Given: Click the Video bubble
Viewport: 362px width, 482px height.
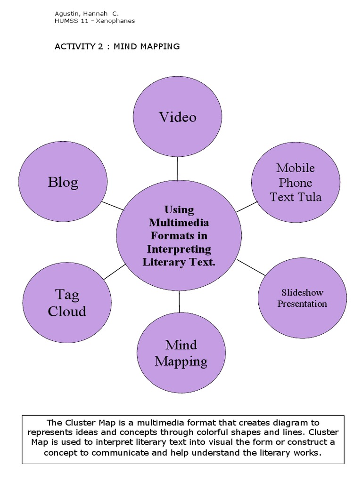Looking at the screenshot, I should (x=178, y=117).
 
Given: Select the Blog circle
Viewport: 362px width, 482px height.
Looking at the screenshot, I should (x=63, y=182).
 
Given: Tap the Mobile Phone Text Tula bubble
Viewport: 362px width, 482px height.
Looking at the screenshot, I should (x=296, y=183).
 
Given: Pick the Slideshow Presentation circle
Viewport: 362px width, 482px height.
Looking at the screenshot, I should (x=302, y=298).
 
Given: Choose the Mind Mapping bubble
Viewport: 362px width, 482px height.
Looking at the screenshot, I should (x=181, y=353).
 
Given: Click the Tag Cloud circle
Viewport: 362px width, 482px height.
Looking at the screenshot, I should (x=67, y=303).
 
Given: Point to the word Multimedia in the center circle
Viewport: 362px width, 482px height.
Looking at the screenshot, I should (x=179, y=222).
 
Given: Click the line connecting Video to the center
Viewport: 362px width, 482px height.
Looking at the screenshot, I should (x=178, y=169).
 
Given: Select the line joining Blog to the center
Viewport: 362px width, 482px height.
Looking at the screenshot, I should (x=113, y=205).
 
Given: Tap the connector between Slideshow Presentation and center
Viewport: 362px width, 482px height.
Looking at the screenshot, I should (x=251, y=267).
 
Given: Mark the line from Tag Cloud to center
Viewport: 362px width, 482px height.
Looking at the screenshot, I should (x=115, y=272).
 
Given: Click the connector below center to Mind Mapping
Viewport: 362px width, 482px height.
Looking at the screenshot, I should (x=180, y=302).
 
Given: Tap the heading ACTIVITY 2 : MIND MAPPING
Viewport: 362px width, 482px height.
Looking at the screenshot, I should (x=117, y=46).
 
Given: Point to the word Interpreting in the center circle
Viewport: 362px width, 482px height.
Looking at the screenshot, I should (x=179, y=249).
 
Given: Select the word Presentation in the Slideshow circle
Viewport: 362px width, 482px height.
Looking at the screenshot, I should (x=302, y=304).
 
